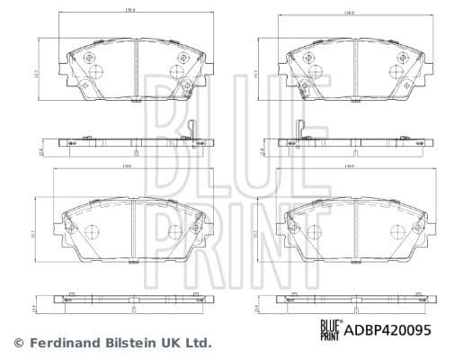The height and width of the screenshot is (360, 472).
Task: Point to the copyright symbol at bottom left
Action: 19,343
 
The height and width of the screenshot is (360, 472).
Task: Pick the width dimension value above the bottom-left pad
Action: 131,166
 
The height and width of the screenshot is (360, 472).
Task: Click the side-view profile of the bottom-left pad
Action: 131,302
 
